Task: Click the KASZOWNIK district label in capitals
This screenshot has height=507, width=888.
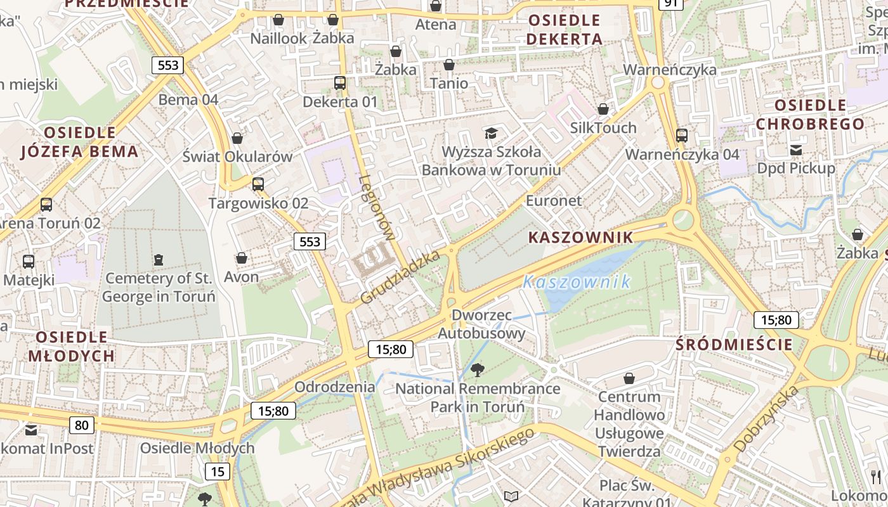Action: pos(580,238)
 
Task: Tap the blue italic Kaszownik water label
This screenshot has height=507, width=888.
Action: pos(577,282)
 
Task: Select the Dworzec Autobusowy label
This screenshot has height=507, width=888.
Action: pos(482,324)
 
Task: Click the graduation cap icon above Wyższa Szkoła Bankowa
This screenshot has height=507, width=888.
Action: pos(491,132)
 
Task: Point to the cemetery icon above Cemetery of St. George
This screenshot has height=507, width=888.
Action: pos(158,259)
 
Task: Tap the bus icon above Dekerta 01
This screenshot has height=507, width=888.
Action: pos(340,82)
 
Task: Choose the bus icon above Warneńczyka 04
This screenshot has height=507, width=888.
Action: pos(682,135)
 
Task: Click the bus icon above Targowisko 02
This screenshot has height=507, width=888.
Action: pos(258,184)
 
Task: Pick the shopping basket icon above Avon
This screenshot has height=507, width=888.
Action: pos(241,258)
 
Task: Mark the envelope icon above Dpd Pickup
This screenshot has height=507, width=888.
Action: pos(796,150)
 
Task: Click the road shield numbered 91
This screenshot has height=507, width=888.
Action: pos(670,3)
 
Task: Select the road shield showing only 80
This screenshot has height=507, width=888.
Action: pos(82,425)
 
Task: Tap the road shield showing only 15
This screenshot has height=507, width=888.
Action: pos(218,472)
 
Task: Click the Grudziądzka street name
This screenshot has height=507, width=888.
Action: pos(400,277)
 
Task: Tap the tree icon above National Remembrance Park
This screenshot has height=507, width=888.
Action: pos(478,370)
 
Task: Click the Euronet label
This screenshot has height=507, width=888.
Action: pos(554,201)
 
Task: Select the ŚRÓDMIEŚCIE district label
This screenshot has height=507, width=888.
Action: pos(734,345)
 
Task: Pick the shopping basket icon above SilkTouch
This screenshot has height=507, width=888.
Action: pos(603,109)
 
